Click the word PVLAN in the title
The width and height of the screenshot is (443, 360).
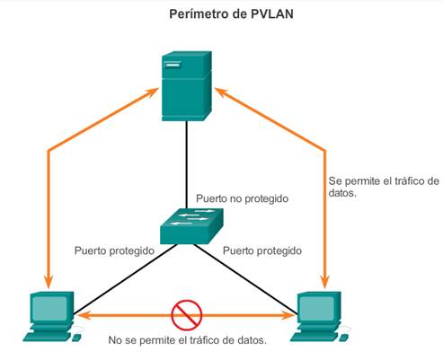[x=272, y=14]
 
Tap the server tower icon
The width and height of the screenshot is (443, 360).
[x=187, y=86]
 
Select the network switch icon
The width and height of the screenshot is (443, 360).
[x=191, y=226]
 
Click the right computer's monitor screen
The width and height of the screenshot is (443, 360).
[x=319, y=308]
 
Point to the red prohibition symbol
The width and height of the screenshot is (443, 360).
[x=187, y=315]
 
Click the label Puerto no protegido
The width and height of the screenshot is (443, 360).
[x=242, y=198]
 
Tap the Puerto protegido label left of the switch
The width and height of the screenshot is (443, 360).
[x=114, y=250]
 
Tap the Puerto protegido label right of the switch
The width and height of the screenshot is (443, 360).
[x=262, y=250]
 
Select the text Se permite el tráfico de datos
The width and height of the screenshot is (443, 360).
[x=384, y=187]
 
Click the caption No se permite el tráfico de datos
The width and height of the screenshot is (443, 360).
[x=187, y=340]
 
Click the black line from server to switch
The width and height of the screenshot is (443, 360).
[x=187, y=164]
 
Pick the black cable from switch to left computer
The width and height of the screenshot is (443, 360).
[x=125, y=279]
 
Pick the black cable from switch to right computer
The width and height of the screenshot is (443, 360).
[x=245, y=279]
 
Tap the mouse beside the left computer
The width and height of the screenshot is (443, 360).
[x=76, y=337]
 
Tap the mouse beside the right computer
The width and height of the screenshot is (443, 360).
[x=344, y=337]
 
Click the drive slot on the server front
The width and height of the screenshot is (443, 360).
[x=173, y=65]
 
